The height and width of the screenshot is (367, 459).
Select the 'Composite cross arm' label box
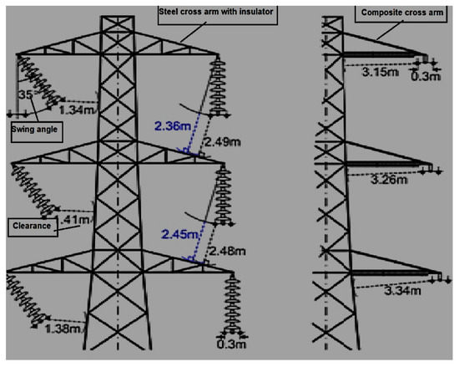coord(389,13)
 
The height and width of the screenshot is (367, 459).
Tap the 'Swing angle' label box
coord(36,130)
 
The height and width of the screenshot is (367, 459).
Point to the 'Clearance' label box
coord(32,225)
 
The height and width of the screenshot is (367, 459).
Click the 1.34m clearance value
coord(78,110)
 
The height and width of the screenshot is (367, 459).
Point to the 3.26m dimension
coord(388,178)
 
